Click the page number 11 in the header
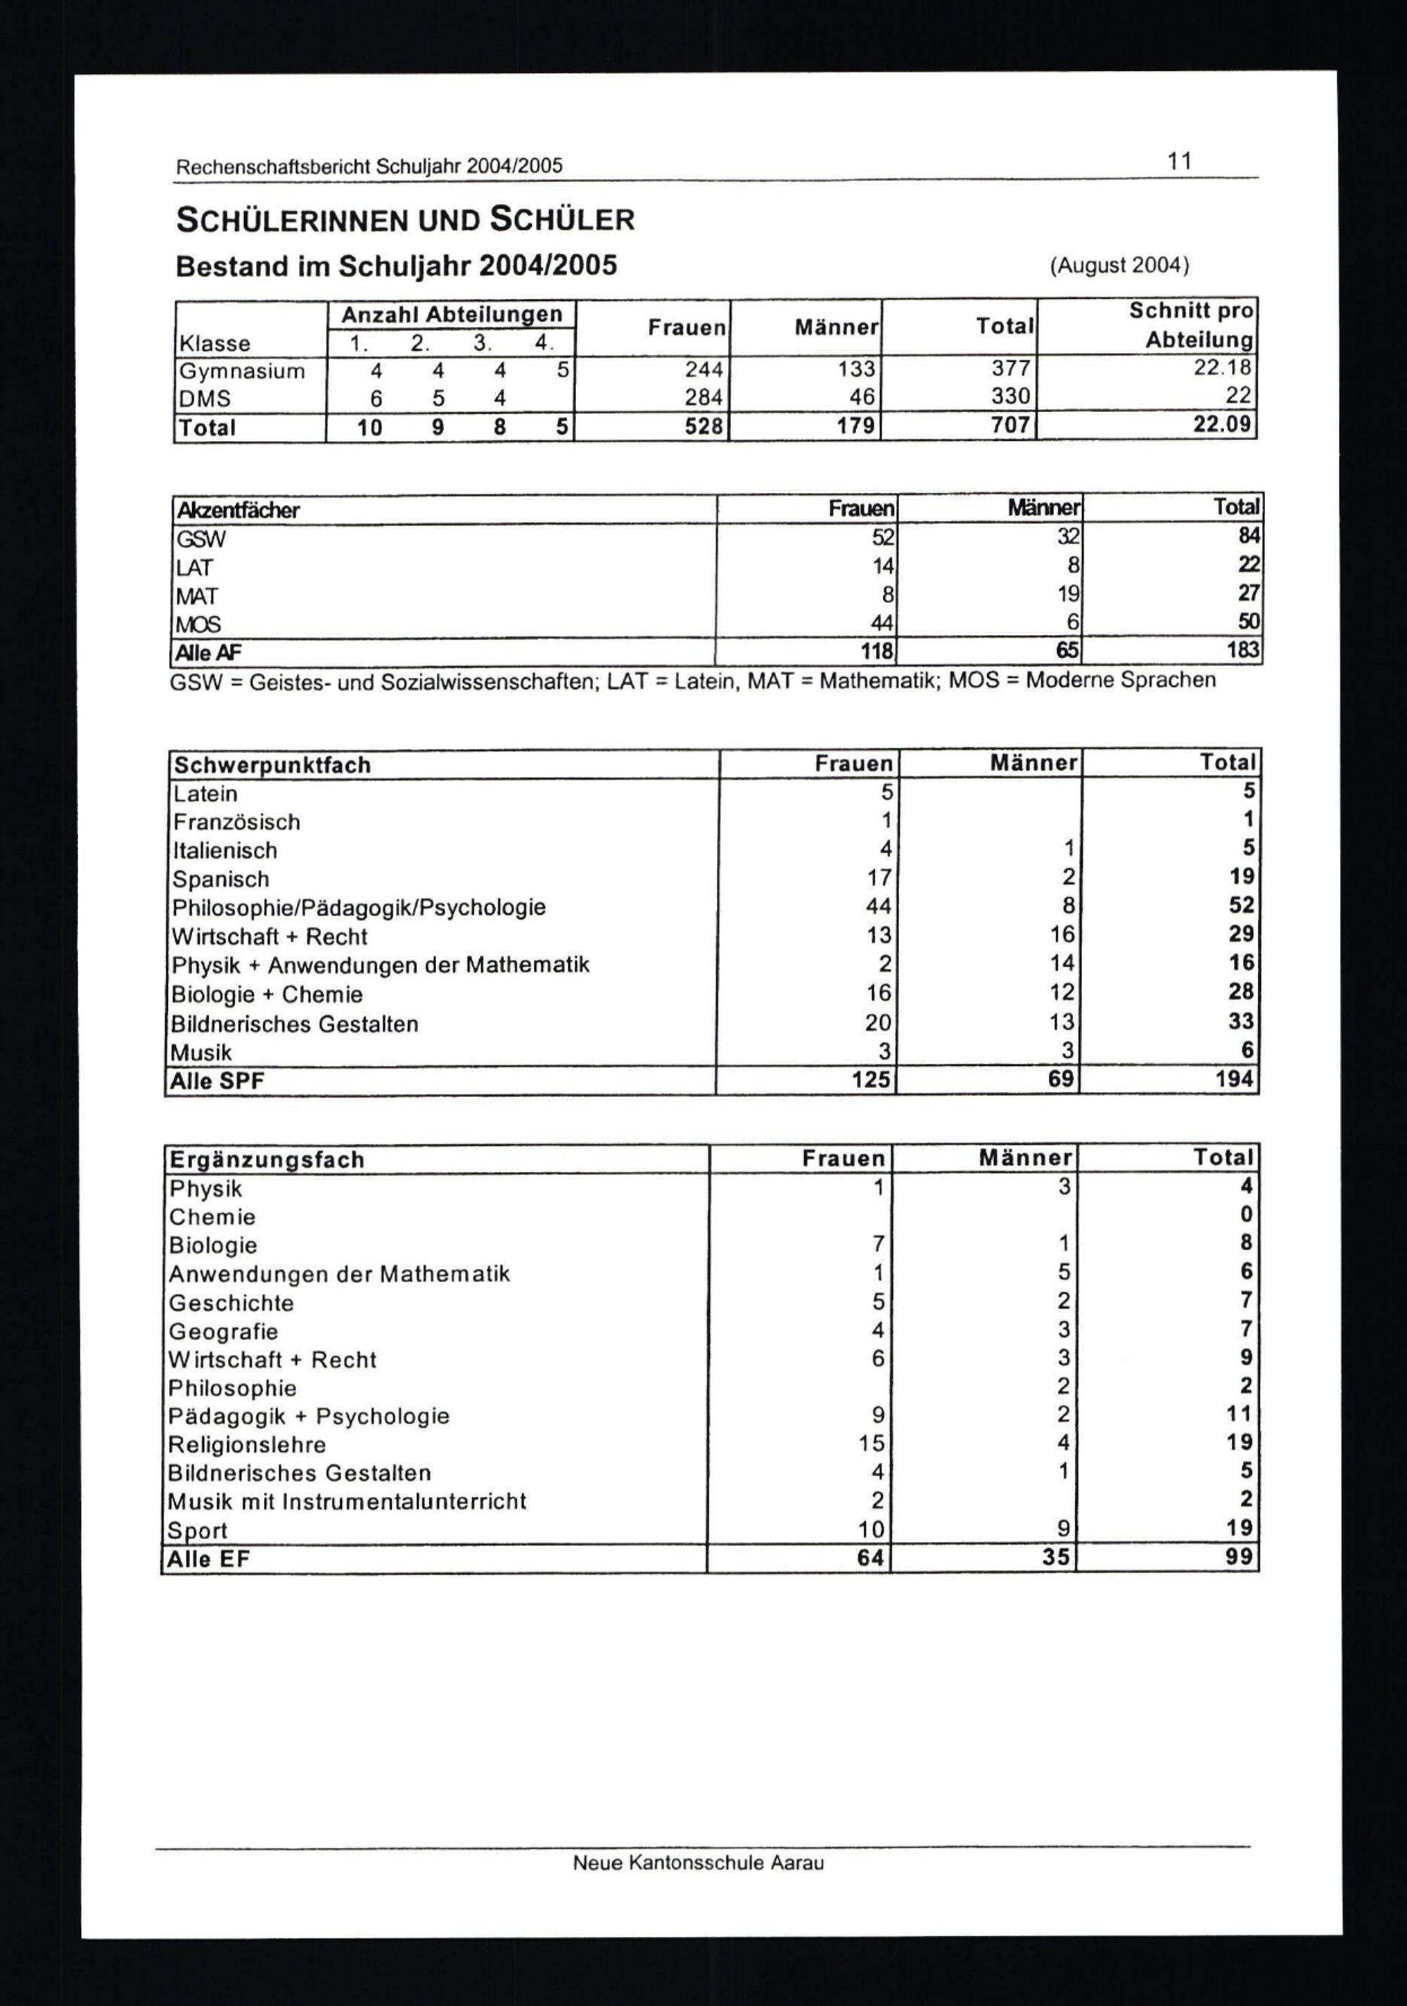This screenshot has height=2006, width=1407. pyautogui.click(x=1179, y=162)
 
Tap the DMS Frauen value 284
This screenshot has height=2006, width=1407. pyautogui.click(x=703, y=397)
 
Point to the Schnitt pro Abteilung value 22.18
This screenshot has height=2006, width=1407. pyautogui.click(x=1223, y=368)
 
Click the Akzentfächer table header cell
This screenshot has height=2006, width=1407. pyautogui.click(x=238, y=510)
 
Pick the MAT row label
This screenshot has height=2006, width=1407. pyautogui.click(x=197, y=596)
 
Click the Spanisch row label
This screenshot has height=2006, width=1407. pyautogui.click(x=220, y=879)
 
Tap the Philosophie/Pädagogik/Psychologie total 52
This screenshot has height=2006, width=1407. pyautogui.click(x=1241, y=905)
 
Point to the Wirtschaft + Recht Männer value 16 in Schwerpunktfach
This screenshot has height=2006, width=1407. pyautogui.click(x=1062, y=935)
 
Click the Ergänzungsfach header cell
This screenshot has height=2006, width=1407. pyautogui.click(x=267, y=1159)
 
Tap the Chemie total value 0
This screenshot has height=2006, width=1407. pyautogui.click(x=1246, y=1215)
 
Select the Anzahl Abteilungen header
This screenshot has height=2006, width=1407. pyautogui.click(x=451, y=314)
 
